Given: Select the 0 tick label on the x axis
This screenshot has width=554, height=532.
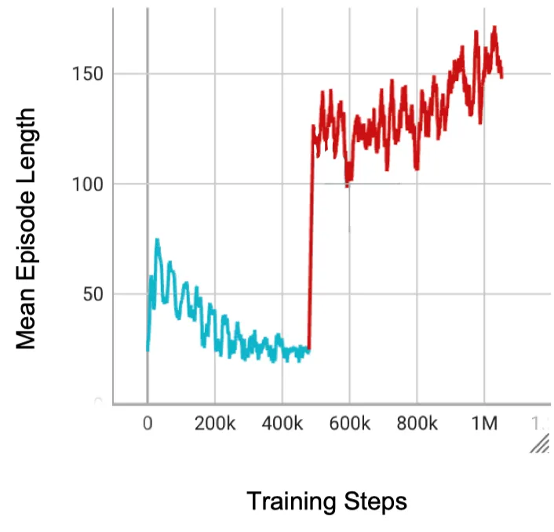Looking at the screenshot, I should click(x=148, y=425).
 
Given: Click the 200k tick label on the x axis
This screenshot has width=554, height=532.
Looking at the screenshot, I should click(x=215, y=425).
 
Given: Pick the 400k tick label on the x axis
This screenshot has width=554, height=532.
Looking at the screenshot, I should click(x=282, y=425).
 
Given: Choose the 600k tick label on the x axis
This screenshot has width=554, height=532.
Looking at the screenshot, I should click(x=350, y=425).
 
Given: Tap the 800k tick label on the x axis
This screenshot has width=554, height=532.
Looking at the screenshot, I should click(x=417, y=425).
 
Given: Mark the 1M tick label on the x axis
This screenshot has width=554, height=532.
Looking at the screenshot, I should click(x=484, y=425).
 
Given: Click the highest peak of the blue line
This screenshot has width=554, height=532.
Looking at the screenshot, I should click(x=157, y=240).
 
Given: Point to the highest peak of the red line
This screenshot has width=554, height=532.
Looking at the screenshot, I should click(x=494, y=27).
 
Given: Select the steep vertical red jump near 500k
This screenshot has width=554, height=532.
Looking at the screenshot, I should click(x=311, y=235).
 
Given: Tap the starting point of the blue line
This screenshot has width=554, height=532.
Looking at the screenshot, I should click(x=148, y=349).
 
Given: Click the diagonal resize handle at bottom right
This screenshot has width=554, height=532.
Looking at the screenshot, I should click(x=539, y=446).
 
